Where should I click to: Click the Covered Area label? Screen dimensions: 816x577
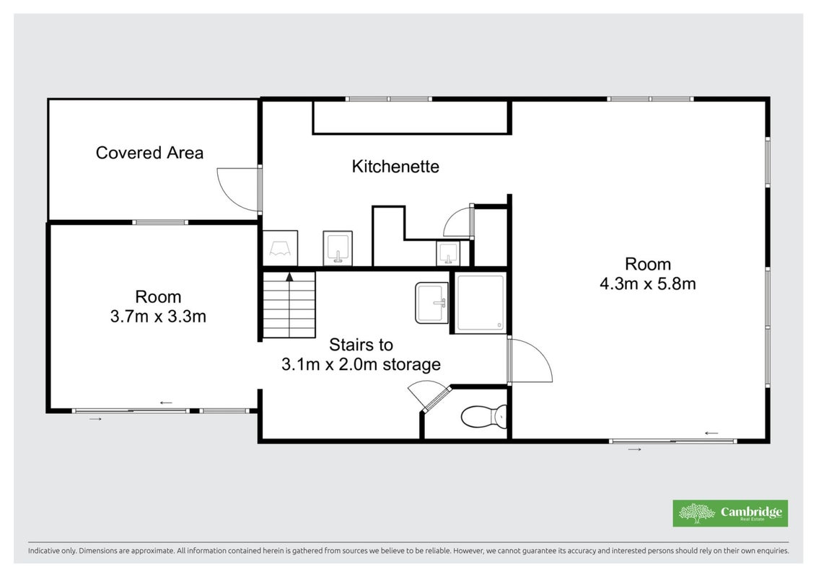[149, 153]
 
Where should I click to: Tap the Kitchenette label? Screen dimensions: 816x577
[395, 167]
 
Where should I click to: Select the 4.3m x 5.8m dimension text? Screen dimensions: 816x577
[648, 284]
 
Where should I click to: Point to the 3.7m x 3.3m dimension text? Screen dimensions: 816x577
[158, 317]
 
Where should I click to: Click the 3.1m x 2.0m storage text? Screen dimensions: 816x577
[361, 364]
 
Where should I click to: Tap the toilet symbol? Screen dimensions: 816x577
[484, 416]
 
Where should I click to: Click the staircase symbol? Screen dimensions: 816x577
[289, 305]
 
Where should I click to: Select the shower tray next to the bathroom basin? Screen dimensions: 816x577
[481, 303]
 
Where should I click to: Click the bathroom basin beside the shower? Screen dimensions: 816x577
[431, 303]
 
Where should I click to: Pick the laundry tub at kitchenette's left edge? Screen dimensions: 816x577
[280, 248]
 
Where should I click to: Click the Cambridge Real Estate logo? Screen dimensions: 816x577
[730, 514]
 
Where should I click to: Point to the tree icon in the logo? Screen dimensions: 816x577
[697, 513]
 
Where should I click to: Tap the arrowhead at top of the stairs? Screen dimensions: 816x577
[289, 276]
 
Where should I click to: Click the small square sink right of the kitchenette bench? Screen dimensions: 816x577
[448, 253]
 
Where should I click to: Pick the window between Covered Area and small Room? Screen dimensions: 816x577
[159, 222]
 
